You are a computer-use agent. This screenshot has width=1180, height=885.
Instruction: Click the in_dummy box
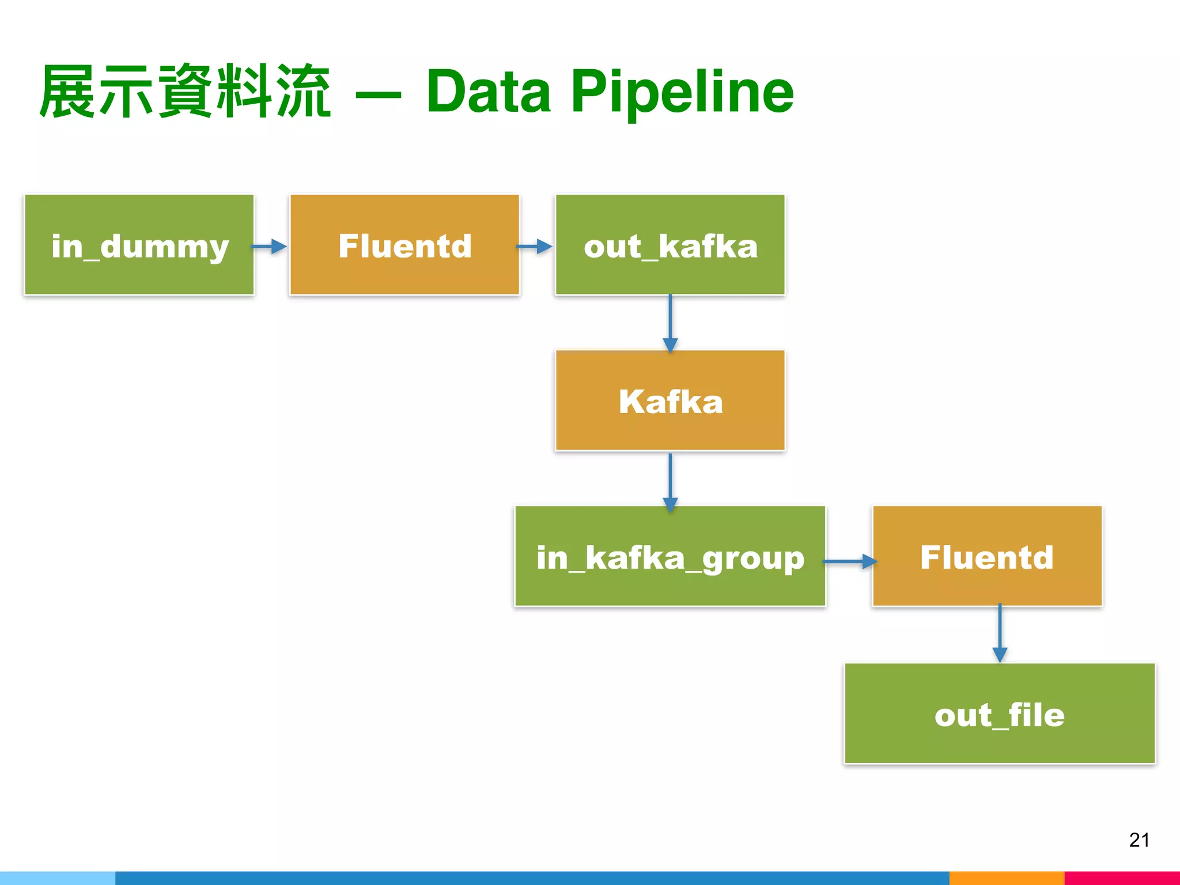coord(139,245)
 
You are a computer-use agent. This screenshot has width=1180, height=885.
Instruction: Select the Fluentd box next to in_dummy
coord(404,245)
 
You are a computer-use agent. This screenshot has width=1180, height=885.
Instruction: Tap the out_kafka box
coord(670,245)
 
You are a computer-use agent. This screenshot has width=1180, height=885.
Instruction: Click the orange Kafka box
coord(670,400)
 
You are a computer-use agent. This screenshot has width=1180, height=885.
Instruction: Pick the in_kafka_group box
coord(670,557)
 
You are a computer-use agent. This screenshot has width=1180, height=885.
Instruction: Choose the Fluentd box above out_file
coord(987,557)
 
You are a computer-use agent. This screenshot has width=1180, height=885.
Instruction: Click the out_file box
coord(1000,714)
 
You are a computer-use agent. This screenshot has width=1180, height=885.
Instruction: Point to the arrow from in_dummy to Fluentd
coord(270,247)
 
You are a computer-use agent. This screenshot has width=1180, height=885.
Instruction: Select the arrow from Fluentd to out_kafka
coord(535,247)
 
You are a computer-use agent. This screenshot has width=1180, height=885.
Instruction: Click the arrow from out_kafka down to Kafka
coord(670,323)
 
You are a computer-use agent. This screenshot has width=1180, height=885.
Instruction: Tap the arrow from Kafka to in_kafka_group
coord(670,481)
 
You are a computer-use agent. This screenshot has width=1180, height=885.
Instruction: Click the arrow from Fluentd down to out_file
coord(1000,634)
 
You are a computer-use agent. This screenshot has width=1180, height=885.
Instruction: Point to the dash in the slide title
coord(378,96)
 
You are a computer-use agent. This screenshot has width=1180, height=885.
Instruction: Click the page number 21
coord(1139,840)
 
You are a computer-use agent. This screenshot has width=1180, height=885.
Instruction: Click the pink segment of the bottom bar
coord(1122,878)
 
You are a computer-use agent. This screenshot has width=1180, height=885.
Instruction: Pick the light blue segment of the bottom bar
coord(58,878)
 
